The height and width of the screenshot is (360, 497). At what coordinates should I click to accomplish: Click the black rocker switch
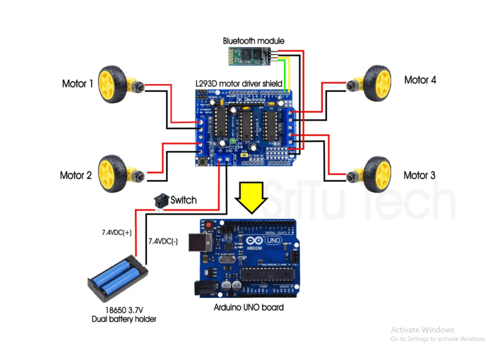(x=162, y=200)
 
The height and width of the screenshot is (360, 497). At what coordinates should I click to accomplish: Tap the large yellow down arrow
(x=250, y=198)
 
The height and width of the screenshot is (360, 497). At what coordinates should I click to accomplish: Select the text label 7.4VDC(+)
(x=116, y=233)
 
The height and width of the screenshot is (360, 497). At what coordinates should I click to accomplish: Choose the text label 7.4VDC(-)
(x=163, y=241)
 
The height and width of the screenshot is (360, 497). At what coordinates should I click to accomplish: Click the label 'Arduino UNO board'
(x=249, y=308)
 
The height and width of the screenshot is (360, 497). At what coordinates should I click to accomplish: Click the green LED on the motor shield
(x=232, y=141)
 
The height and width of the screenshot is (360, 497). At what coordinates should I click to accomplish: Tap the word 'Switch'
(x=183, y=200)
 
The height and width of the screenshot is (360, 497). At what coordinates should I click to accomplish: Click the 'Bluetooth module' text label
(x=253, y=41)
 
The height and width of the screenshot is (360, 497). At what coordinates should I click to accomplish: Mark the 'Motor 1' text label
(x=78, y=84)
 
